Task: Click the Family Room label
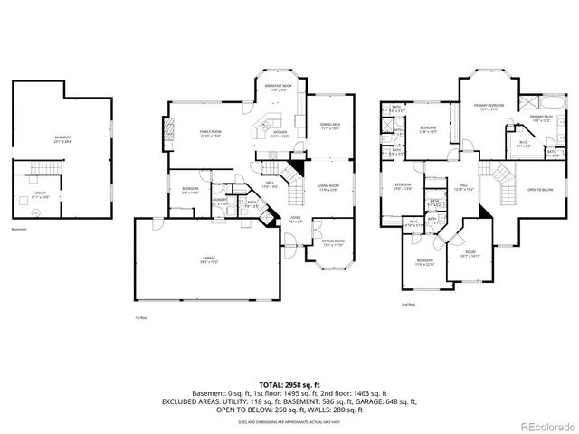coord(211,133)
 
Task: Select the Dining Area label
coord(329,126)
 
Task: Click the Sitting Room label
coord(334,241)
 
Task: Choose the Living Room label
coord(327,187)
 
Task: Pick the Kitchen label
coord(280,133)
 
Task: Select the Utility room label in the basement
coord(40,193)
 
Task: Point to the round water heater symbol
coord(34,213)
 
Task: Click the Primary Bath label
coord(541,118)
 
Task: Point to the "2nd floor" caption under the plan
coord(408,305)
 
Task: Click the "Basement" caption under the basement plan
coord(19,229)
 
